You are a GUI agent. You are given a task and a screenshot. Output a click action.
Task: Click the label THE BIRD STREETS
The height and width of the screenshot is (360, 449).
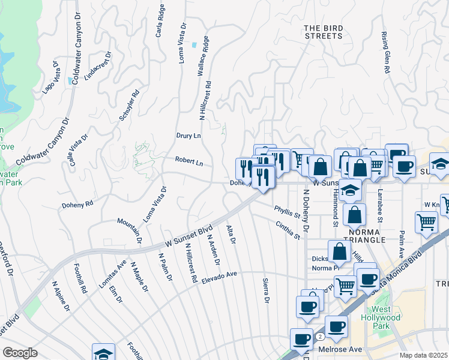[x=323, y=32]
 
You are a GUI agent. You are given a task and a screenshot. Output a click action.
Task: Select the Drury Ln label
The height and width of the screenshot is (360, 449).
[x=188, y=136]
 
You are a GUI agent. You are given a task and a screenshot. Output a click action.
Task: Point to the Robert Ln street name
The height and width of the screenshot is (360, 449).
[x=189, y=161]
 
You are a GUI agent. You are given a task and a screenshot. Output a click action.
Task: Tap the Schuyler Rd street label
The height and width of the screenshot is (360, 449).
[x=130, y=105]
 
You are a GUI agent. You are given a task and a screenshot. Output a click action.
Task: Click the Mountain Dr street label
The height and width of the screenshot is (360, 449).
[x=130, y=230]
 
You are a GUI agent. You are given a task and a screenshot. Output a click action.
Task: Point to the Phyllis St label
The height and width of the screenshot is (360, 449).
[x=287, y=211]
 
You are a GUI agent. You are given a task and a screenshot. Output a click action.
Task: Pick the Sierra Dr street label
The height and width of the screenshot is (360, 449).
[x=265, y=290]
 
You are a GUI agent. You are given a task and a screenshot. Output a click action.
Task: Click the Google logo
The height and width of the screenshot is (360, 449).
[x=20, y=353]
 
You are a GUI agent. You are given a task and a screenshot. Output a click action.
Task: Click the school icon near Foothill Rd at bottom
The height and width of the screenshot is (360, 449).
[x=103, y=353]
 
